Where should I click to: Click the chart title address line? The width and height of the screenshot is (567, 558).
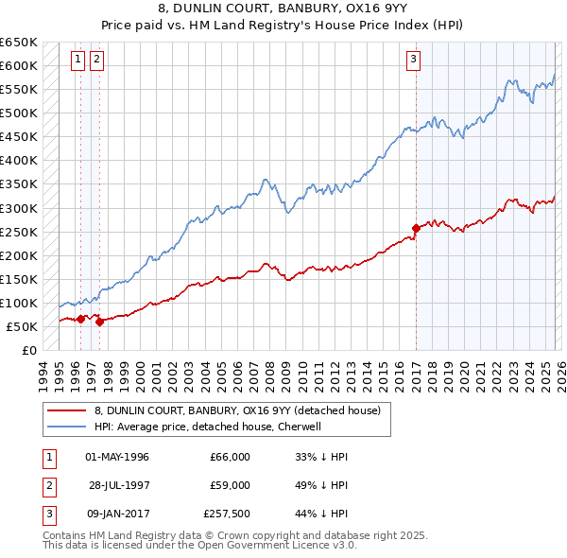[x=283, y=10]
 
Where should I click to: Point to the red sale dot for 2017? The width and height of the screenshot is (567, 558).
[x=416, y=228]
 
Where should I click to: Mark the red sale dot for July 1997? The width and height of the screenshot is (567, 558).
[x=99, y=323]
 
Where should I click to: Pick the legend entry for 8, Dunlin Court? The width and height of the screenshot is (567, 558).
[x=237, y=410]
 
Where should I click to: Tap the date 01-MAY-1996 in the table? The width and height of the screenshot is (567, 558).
[x=117, y=457]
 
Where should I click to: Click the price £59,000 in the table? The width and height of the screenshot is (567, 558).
[x=230, y=485]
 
